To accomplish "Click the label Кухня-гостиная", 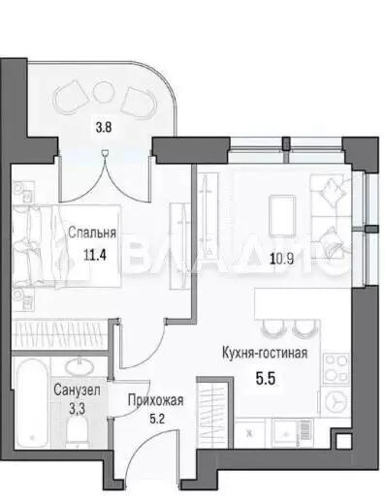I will pos(263,354).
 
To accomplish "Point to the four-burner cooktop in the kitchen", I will pos(335,369).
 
